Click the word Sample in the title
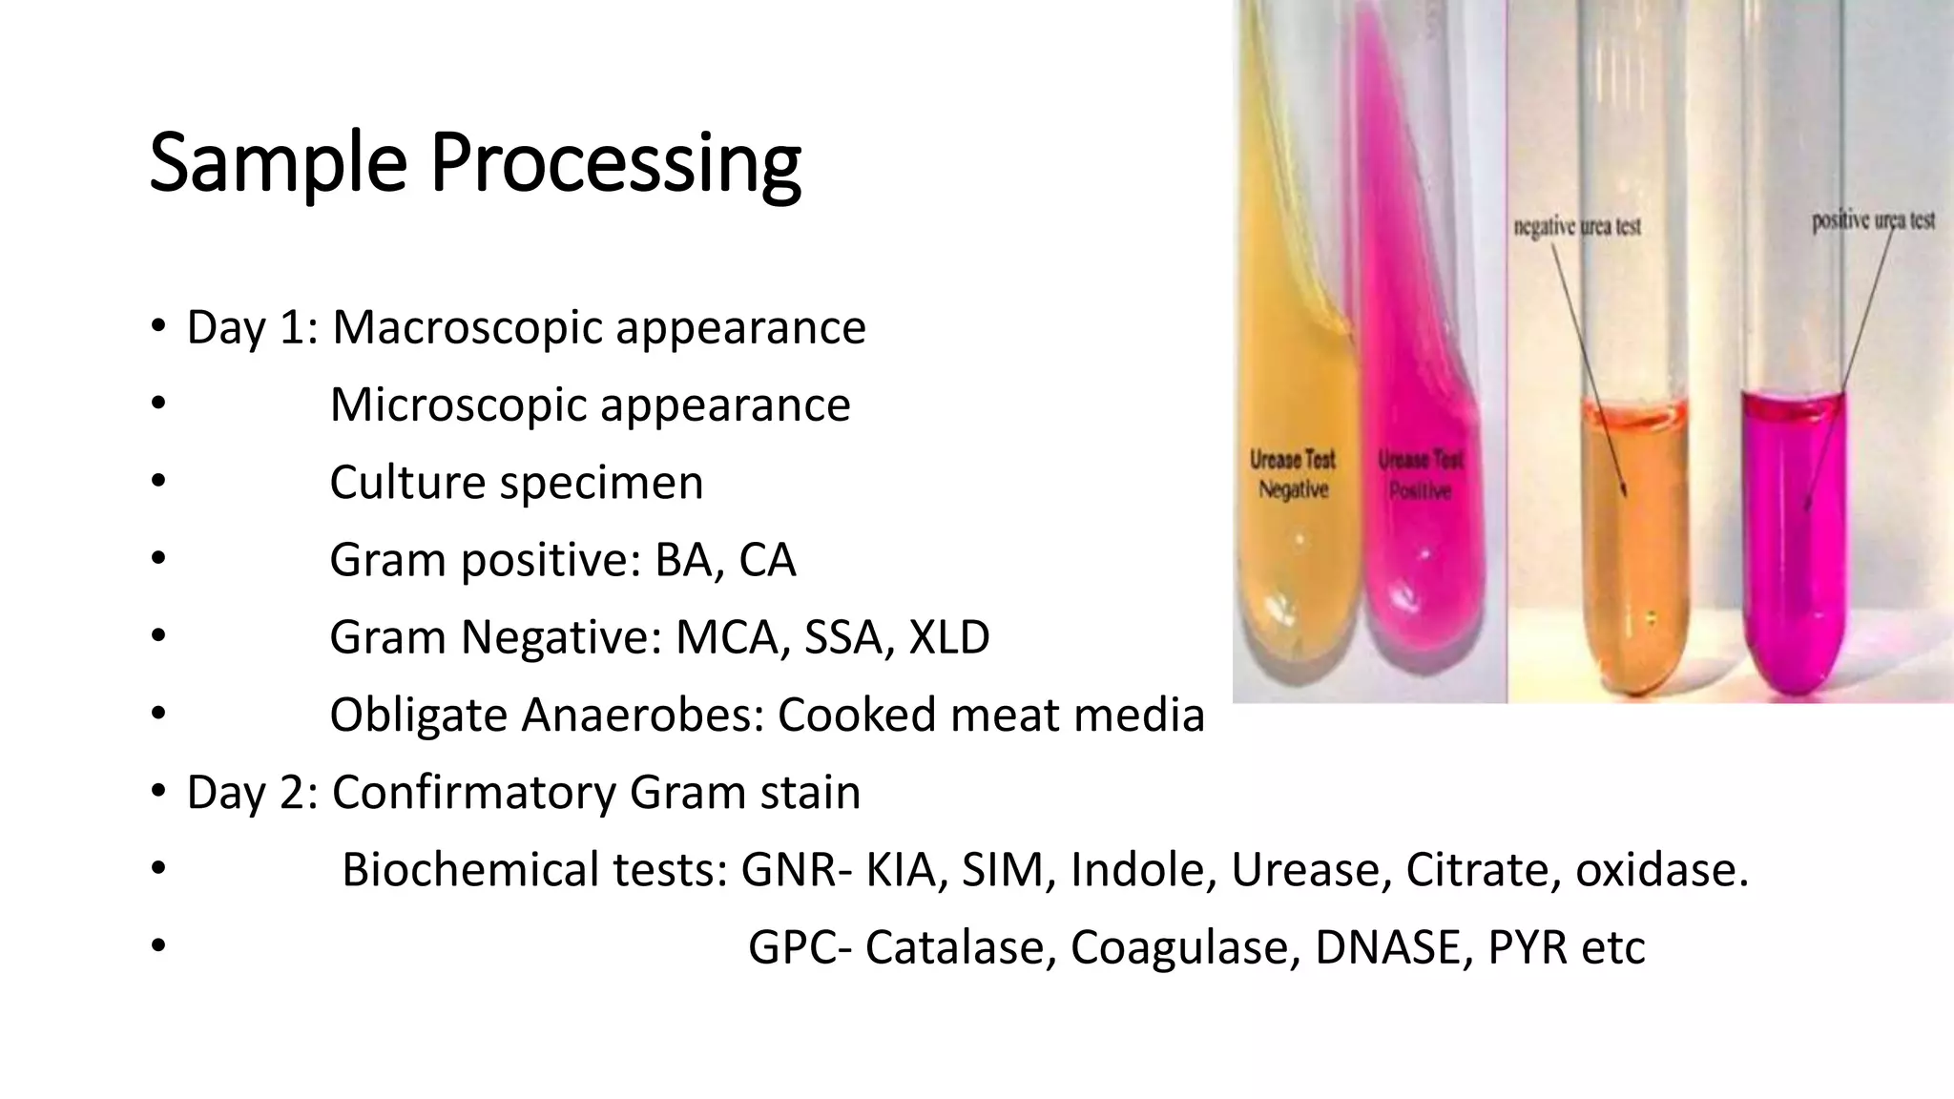point(278,164)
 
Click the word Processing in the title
point(615,164)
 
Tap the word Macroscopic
point(468,328)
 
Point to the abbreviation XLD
point(948,637)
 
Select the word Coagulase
point(1184,947)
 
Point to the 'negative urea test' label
point(1577,227)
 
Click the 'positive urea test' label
point(1873,220)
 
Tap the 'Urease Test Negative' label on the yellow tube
point(1293,474)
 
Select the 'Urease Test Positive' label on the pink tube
point(1421,475)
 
